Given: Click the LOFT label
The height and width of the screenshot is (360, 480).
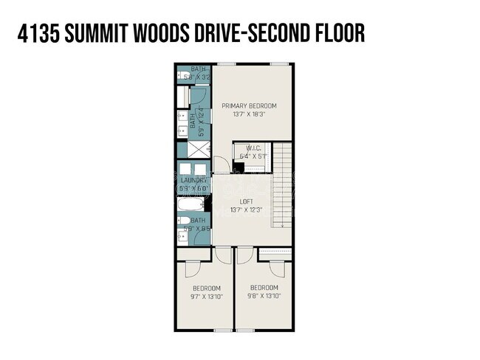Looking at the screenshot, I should pyautogui.click(x=248, y=201).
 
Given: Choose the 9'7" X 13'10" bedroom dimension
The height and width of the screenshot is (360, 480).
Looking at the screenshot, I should pyautogui.click(x=206, y=297).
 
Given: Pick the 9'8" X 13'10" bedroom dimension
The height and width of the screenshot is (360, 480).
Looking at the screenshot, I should pyautogui.click(x=264, y=297).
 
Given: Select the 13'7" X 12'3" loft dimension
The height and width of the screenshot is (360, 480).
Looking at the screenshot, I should pyautogui.click(x=248, y=210).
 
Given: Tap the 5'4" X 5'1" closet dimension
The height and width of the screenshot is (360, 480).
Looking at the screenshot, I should pyautogui.click(x=253, y=156).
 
